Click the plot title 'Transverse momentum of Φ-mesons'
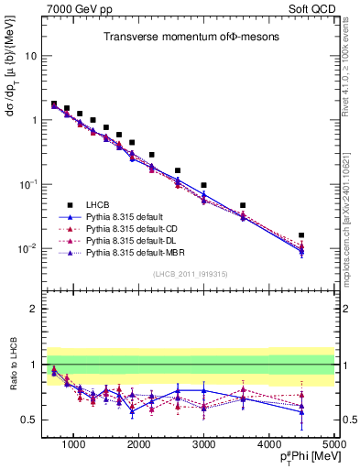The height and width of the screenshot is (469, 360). coord(185,37)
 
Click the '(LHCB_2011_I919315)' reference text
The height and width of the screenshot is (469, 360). coord(191,275)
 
